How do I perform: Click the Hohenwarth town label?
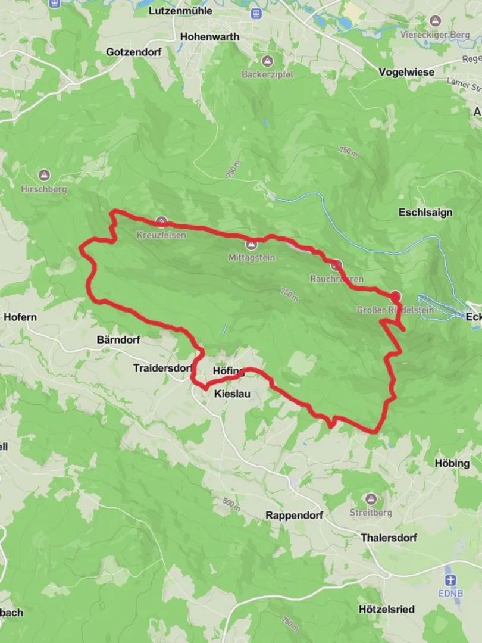coord(209,36)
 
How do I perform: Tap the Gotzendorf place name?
coord(133,52)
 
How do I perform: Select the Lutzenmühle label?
coord(180,11)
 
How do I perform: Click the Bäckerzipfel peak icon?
coord(268,61)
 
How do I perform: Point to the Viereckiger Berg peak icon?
coord(436,21)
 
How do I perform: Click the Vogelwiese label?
coord(406,72)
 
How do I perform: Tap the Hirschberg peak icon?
coord(44,176)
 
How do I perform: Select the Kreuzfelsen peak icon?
coord(161,221)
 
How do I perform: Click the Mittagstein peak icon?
coord(252,244)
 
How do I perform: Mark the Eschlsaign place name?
coord(425,213)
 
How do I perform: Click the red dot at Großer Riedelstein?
coord(395,296)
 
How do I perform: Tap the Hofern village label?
coord(20,317)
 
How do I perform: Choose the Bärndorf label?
coord(118,340)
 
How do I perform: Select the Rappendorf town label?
coord(294,515)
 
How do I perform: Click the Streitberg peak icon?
coord(371,498)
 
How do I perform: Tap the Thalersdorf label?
coord(389,538)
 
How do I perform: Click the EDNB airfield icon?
coord(450,580)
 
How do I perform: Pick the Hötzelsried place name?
coord(387,610)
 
